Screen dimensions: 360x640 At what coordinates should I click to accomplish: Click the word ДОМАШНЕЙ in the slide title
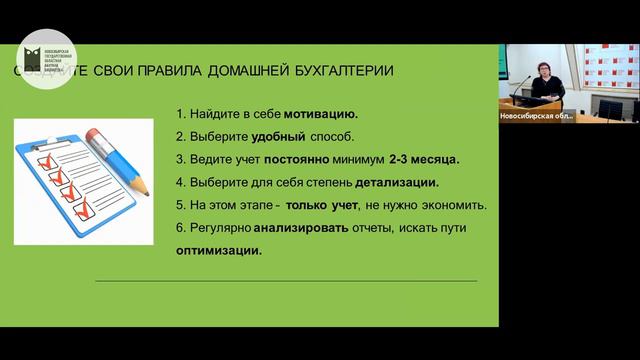250,71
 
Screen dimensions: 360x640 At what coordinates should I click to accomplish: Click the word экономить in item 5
455,206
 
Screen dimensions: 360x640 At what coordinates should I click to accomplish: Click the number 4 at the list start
179,183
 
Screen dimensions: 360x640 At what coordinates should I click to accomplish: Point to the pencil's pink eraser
96,134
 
